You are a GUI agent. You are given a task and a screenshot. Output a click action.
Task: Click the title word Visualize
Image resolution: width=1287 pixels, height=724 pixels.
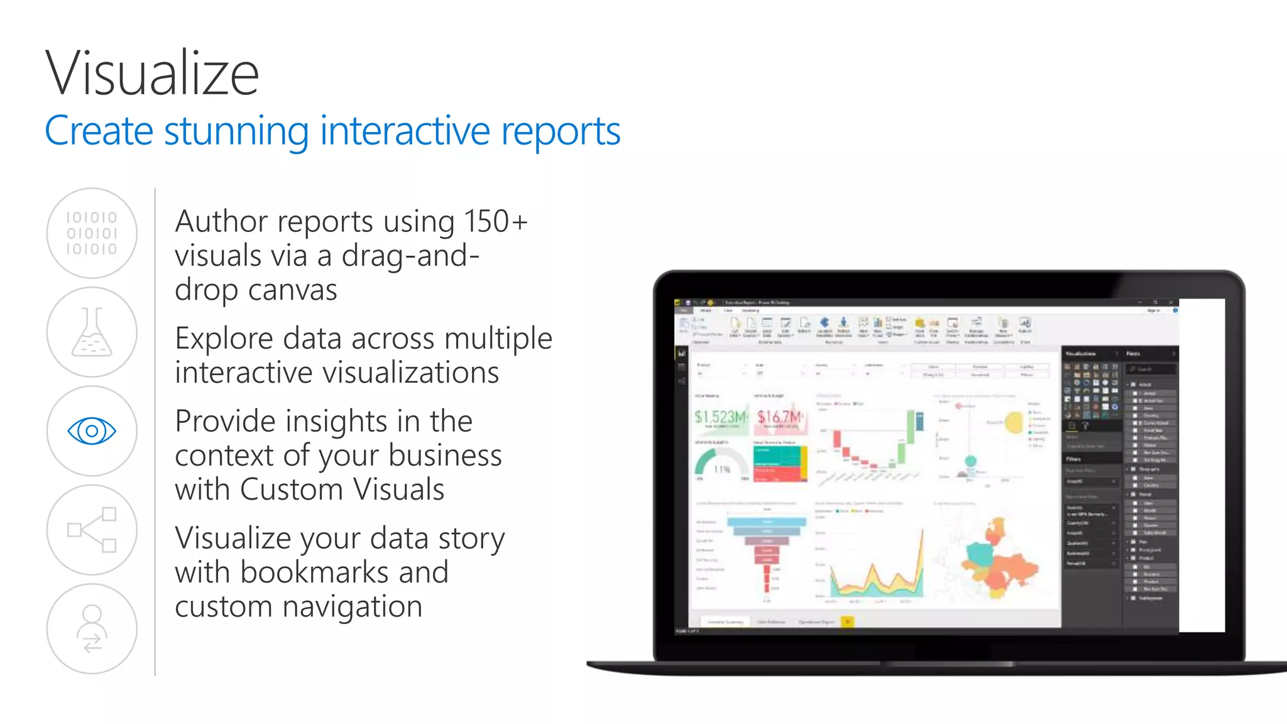(152, 74)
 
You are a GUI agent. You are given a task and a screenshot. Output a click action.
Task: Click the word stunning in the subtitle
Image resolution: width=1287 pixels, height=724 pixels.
(236, 132)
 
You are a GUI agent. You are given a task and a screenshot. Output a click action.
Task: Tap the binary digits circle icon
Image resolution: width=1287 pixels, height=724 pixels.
(92, 233)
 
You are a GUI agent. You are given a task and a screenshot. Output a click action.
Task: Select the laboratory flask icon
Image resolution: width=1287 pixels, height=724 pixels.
(92, 332)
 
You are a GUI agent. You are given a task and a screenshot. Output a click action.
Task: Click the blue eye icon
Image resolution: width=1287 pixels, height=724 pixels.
(92, 431)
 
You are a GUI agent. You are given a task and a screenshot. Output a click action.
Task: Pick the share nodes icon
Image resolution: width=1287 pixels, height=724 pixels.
(92, 530)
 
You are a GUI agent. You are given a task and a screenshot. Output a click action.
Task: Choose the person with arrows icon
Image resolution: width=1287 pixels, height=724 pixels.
(92, 628)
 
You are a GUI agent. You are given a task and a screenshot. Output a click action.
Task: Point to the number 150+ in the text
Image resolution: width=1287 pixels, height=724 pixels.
(495, 222)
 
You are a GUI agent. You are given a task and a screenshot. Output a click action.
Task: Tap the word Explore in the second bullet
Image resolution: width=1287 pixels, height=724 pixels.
(224, 339)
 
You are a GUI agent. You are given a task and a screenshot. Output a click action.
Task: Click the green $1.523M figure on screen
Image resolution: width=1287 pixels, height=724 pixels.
(720, 417)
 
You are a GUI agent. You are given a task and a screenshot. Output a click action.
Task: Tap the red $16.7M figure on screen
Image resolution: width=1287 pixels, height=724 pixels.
(779, 417)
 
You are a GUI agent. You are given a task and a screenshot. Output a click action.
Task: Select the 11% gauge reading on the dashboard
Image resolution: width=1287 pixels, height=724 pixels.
(722, 469)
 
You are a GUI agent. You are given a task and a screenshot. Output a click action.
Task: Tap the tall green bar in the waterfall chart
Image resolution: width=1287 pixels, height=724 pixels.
(911, 427)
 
